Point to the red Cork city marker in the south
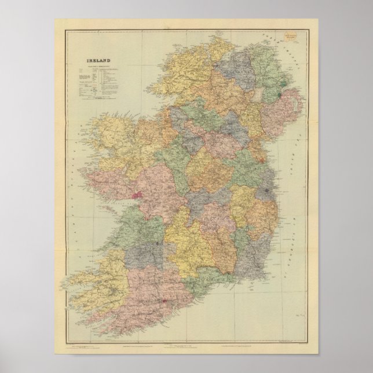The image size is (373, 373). pyautogui.click(x=164, y=301)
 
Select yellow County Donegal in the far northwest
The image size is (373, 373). pyautogui.click(x=191, y=70)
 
